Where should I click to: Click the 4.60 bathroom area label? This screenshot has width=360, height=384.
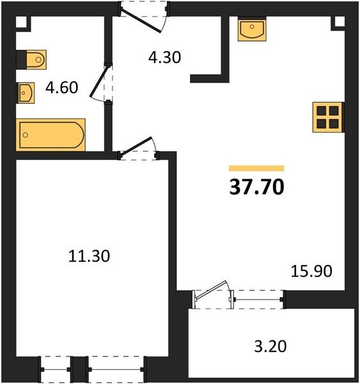tap(61, 88)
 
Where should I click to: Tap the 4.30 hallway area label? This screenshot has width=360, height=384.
tap(165, 58)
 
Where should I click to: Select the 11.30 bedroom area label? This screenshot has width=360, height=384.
tap(89, 256)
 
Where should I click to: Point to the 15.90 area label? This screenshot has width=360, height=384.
tap(311, 271)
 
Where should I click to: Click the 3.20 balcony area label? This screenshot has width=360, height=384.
tap(270, 346)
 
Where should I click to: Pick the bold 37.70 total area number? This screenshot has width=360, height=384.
tap(256, 187)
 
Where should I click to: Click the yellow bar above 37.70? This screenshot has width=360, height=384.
tap(256, 168)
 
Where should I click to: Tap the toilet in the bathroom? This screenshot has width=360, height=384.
tap(31, 60)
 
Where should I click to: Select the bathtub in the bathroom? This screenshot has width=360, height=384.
tap(51, 134)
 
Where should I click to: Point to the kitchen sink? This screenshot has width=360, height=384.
tap(252, 29)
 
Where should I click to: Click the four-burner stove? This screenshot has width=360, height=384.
tap(329, 117)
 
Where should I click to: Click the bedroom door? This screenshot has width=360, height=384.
tap(138, 148)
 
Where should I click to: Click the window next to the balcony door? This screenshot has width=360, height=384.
tap(258, 300)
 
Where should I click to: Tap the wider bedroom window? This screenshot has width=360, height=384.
tap(116, 369)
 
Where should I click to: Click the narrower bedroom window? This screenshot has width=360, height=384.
tap(56, 369)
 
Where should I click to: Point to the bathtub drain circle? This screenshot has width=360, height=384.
tap(25, 135)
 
